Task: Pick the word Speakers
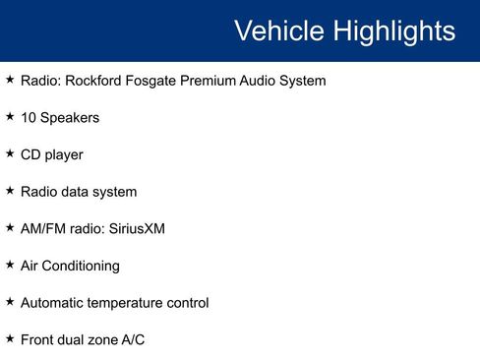70,117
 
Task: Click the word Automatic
51,303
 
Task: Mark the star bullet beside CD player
10,152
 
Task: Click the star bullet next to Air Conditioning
10,264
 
